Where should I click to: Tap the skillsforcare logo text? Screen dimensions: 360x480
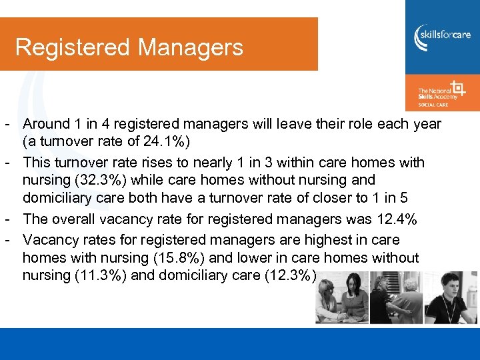click(x=447, y=35)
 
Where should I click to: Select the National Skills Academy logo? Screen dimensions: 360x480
click(x=441, y=93)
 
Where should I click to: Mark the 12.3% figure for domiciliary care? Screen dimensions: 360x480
click(x=287, y=276)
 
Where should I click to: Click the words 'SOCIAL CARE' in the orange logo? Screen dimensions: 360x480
click(x=433, y=104)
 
